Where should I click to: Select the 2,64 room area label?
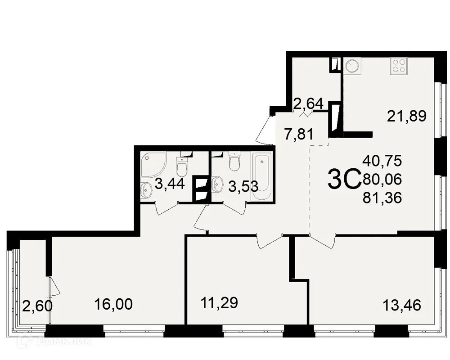[x=308, y=104]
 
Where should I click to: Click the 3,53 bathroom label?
[x=243, y=186]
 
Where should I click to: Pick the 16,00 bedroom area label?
[x=113, y=304]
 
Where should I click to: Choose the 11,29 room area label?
[x=218, y=302]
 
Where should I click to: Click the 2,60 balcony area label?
[x=37, y=306]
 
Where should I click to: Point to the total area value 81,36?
[x=382, y=197]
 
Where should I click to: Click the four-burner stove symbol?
[x=398, y=66]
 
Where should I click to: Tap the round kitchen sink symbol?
[x=352, y=66]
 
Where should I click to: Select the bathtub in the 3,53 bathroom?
[x=261, y=177]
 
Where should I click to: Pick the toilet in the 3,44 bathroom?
[x=182, y=167]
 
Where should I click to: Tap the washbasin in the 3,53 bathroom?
[x=218, y=183]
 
